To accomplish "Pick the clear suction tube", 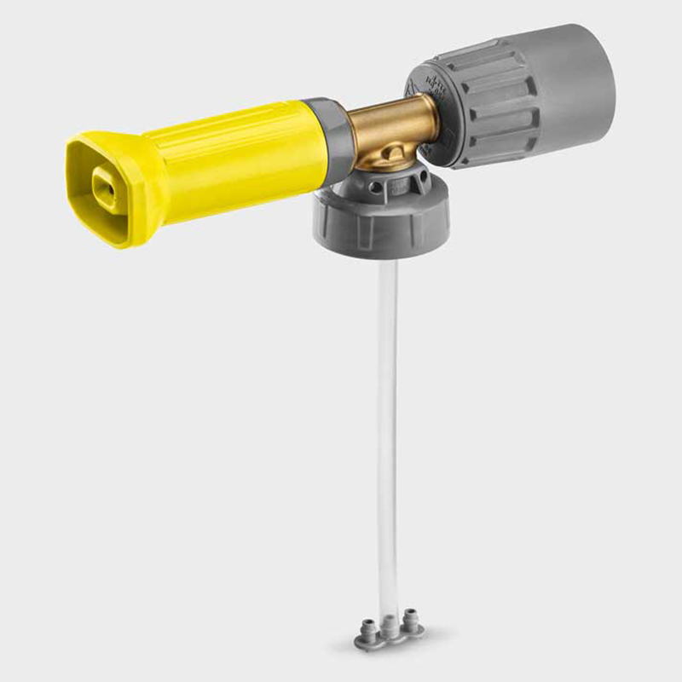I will [x=388, y=426].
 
